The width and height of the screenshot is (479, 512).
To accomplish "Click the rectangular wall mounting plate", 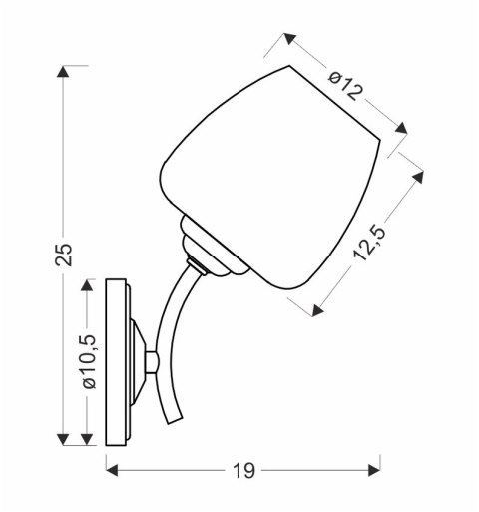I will point(117,361).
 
